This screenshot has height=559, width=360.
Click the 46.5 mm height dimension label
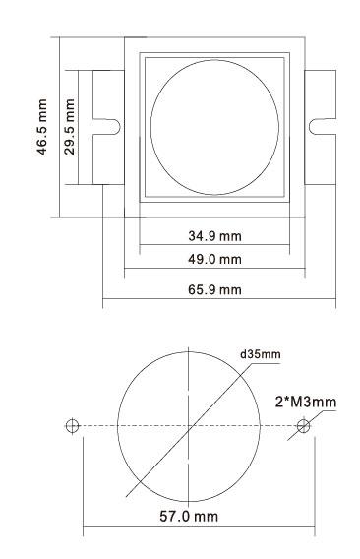coord(42,127)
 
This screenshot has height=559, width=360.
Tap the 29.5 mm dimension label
coord(69,127)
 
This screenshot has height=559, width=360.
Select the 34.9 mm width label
coord(214,236)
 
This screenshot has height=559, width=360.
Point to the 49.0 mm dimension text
coord(214,259)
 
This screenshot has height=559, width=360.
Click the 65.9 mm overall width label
coord(214,290)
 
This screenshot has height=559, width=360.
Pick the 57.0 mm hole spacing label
coord(189,517)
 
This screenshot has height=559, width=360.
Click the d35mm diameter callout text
coord(261,354)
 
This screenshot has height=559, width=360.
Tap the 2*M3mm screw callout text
coord(306,403)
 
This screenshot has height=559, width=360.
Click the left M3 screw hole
coord(72,426)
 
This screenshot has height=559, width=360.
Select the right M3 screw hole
coord(303,426)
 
